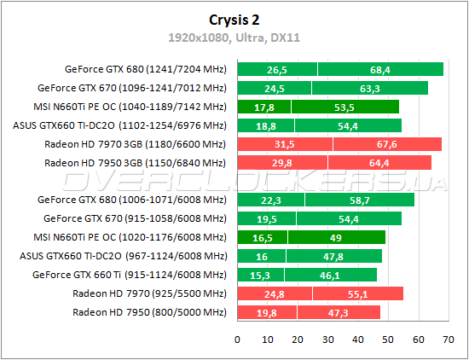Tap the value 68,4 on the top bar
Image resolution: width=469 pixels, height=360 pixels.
tap(381, 70)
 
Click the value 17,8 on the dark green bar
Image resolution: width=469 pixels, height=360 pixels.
tap(264, 107)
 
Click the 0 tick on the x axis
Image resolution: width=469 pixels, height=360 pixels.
tap(238, 339)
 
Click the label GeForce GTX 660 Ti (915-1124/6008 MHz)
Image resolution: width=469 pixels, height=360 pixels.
tap(130, 275)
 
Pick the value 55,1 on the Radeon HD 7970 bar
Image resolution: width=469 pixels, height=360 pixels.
tap(357, 293)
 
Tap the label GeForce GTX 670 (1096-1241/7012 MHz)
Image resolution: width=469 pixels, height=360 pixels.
tap(132, 88)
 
